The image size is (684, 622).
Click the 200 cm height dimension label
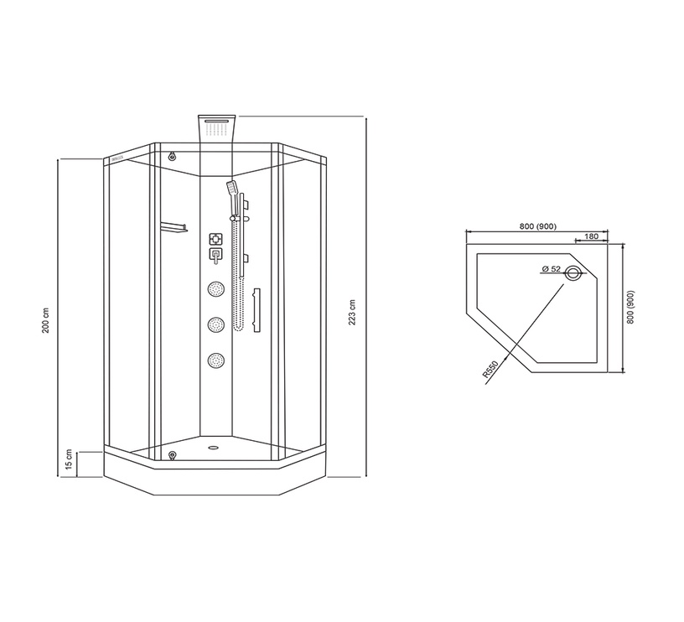pos(46,320)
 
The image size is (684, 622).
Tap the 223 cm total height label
pos(352,313)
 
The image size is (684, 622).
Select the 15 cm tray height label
pos(69,459)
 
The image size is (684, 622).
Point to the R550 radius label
pos(490,369)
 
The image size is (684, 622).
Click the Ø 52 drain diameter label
pos(552,269)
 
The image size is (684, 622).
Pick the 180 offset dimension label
pos(591,236)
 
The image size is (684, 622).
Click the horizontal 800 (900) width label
pos(538,226)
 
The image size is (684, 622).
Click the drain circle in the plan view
pos(573,274)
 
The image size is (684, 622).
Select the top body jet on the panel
pos(216,288)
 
